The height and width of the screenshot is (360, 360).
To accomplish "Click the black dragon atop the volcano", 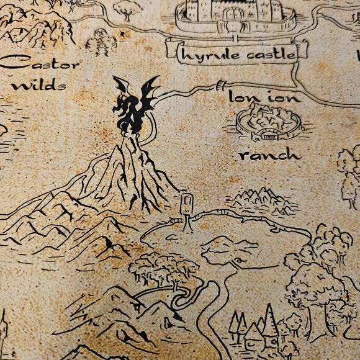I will pyautogui.click(x=133, y=106).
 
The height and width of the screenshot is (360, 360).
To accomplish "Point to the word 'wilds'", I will pyautogui.click(x=38, y=85).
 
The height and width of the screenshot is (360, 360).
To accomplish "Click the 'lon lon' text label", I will pyautogui.click(x=264, y=97).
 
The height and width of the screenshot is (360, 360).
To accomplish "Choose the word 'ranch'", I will pyautogui.click(x=270, y=155).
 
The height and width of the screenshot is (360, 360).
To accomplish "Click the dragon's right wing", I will pyautogui.click(x=149, y=93).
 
